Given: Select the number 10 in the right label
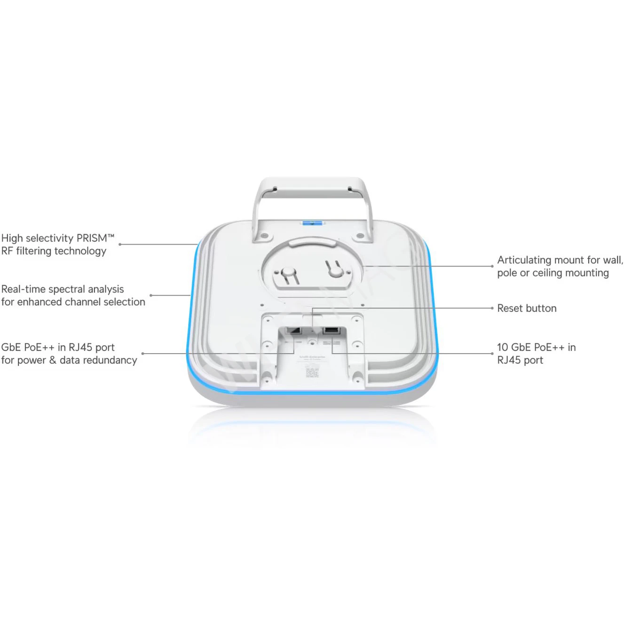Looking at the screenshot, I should coord(502,348).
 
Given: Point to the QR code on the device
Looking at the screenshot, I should coord(312,372).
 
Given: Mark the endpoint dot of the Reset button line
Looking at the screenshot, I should coord(492,308).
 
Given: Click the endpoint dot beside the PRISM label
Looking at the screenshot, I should coord(120,245).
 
